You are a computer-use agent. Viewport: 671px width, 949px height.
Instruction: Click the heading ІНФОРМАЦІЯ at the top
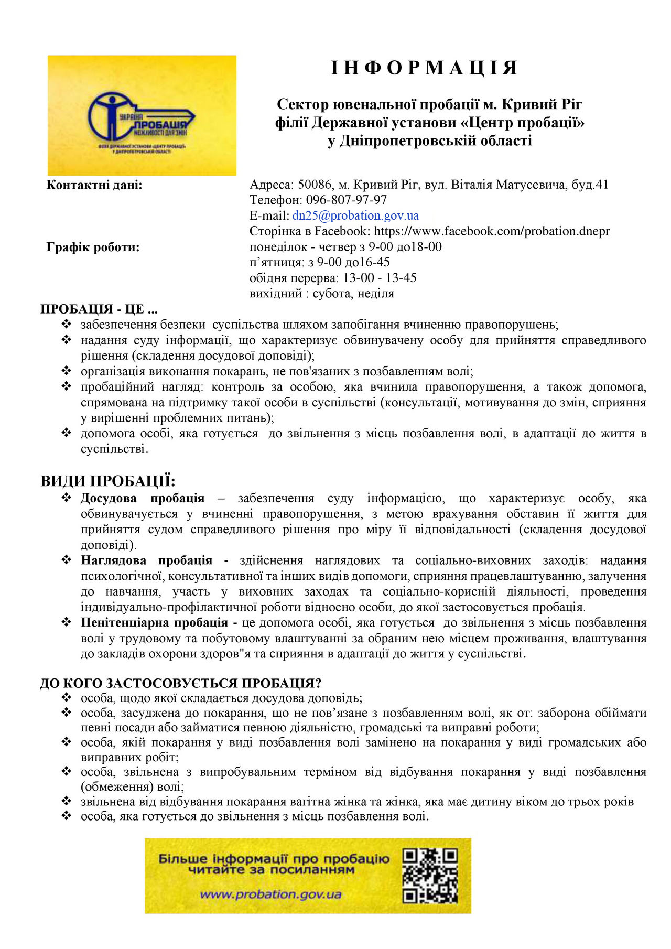425,68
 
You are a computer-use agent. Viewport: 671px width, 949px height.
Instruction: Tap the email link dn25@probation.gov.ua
355,215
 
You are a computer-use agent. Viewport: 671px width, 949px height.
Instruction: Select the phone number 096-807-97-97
347,200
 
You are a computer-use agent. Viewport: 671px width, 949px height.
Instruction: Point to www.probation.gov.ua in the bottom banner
270,894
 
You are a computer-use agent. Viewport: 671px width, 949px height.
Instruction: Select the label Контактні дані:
94,185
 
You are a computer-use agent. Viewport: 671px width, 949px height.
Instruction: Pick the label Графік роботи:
93,247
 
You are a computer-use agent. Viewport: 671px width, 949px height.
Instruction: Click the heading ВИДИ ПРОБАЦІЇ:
108,481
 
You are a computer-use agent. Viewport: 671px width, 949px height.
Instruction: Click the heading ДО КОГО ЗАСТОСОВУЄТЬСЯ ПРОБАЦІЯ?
180,683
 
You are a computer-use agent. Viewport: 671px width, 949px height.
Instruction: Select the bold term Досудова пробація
143,498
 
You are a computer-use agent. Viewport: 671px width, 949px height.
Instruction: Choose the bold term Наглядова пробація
147,560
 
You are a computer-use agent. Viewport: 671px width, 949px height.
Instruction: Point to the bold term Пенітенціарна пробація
154,623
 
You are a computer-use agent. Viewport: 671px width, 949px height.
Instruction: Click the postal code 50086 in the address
315,185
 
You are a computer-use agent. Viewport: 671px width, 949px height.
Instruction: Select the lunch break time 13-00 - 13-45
380,278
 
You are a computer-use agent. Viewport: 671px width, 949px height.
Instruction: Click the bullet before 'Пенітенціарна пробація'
67,622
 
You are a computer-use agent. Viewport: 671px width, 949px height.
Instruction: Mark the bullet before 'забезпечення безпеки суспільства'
67,325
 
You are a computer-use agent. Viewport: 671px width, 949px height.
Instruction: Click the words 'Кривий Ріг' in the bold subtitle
542,105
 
